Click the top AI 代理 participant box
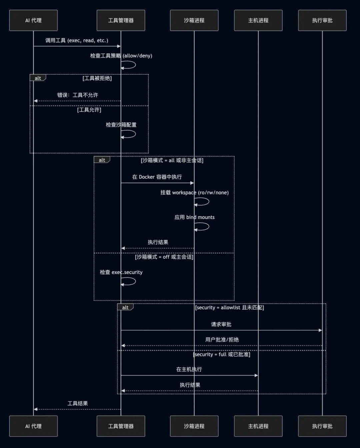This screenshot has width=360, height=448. (33, 20)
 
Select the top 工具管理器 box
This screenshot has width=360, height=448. (121, 20)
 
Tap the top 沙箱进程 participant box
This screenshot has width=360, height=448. (194, 20)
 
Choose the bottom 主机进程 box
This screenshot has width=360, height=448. (258, 426)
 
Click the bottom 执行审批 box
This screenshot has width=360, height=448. (322, 426)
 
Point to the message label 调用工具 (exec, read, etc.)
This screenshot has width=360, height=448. (77, 40)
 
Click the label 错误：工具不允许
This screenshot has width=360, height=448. (78, 95)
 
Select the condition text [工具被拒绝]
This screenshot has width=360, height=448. (97, 78)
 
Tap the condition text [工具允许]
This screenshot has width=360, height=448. (89, 110)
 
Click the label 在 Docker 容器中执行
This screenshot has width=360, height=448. (157, 177)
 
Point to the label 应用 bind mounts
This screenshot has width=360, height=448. (195, 217)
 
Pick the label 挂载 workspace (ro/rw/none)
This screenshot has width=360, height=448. (195, 193)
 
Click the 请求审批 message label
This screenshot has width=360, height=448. (221, 324)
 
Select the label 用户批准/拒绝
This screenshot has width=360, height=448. (222, 340)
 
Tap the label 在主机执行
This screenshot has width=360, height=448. (189, 369)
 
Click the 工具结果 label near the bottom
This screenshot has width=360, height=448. (78, 403)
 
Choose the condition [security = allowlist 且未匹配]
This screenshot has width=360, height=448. (229, 308)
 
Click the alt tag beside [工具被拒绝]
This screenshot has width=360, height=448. (38, 78)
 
